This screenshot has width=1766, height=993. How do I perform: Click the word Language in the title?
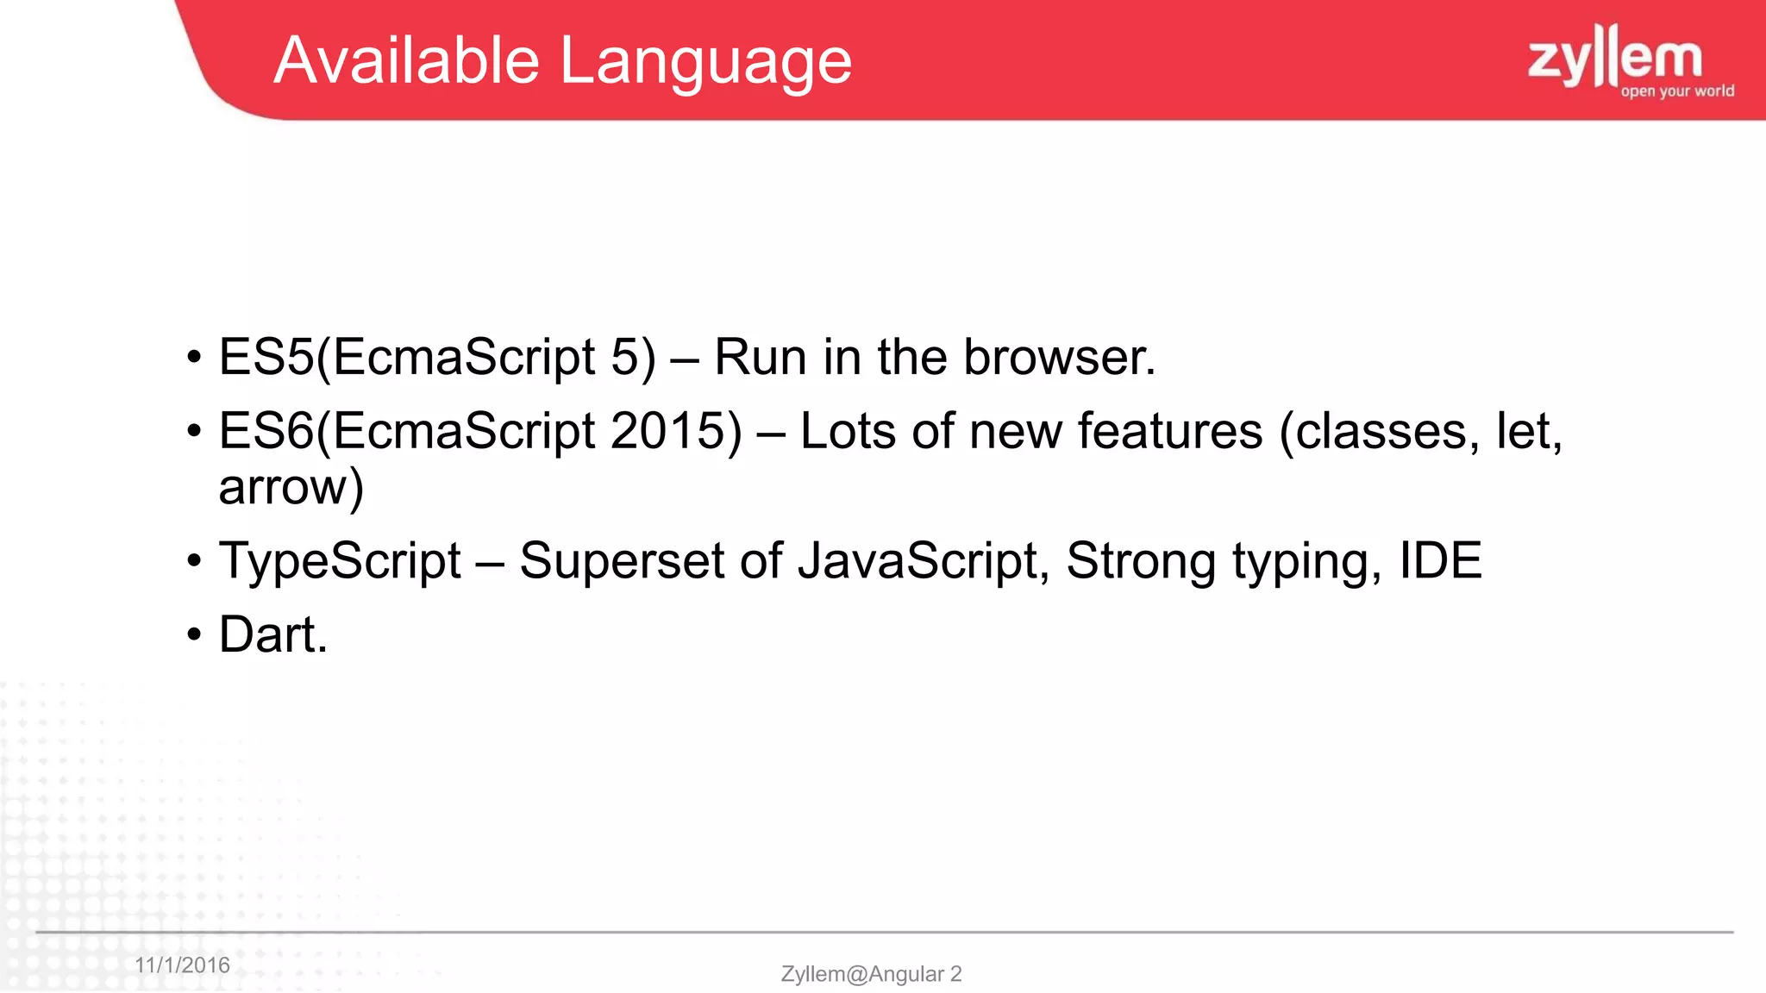(705, 62)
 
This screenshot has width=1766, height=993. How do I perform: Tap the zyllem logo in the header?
(1615, 57)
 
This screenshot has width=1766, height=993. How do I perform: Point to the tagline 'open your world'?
(1677, 91)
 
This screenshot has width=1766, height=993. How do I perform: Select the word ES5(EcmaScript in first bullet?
(406, 357)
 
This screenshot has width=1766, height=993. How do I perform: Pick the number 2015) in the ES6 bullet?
(675, 431)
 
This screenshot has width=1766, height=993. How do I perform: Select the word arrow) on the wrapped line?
(291, 488)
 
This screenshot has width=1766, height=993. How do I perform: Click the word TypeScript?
(340, 561)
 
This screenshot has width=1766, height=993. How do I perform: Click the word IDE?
(1439, 561)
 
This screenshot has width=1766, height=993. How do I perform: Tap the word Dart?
(272, 635)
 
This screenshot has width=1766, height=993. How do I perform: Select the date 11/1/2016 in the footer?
(182, 965)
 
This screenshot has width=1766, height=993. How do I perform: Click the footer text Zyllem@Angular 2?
(871, 974)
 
